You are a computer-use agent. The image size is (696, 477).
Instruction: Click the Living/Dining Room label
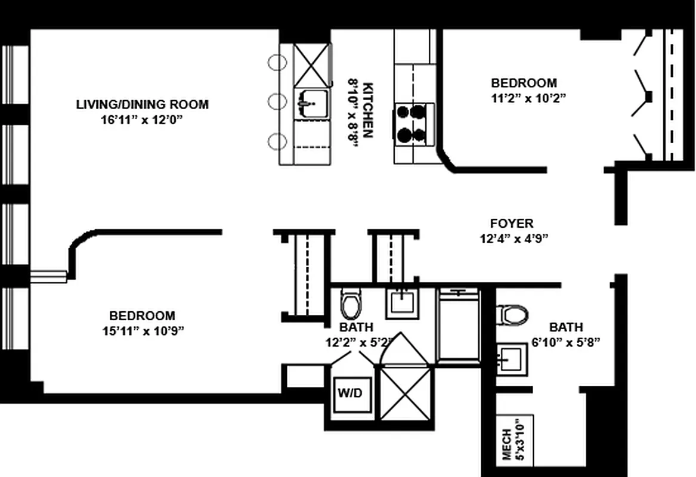pos(142,105)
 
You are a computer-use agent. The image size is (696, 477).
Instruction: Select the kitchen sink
pos(311,104)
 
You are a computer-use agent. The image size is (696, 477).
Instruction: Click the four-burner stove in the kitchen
pos(411,125)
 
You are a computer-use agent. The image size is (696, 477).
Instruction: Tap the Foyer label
pos(512,223)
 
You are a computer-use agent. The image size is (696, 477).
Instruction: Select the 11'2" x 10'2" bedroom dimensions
pos(528,98)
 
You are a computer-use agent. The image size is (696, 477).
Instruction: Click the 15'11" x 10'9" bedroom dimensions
pos(143,331)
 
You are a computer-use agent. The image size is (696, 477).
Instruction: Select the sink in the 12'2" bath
pos(402,303)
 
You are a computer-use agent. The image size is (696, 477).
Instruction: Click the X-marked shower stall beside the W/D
pos(406,393)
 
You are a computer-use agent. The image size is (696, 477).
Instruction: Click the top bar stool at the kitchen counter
pos(276,63)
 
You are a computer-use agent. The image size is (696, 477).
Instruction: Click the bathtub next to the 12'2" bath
pos(459,326)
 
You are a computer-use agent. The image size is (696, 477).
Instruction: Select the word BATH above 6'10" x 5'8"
pos(566,327)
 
